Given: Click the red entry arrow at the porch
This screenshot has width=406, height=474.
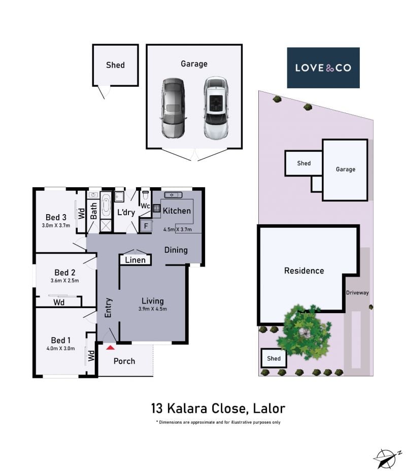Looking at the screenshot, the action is [x=110, y=348].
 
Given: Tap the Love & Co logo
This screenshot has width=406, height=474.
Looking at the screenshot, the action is [x=323, y=67].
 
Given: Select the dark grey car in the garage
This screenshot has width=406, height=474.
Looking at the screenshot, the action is [x=173, y=108].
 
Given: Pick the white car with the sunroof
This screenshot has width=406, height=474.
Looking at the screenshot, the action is [x=216, y=107].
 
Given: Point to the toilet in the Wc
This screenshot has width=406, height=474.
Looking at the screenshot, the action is [x=146, y=195].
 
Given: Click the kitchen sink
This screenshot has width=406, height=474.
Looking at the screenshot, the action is [x=173, y=195].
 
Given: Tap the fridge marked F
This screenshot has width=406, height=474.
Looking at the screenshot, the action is [x=146, y=226].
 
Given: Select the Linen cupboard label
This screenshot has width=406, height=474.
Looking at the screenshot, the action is [x=135, y=260].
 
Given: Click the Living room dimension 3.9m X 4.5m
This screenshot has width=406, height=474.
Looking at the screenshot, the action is [x=153, y=309].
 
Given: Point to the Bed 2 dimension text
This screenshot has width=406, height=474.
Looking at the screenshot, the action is [x=64, y=281].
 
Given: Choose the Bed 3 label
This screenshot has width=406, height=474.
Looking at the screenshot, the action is [x=56, y=217].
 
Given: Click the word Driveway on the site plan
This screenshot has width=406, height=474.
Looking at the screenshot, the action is [x=357, y=293].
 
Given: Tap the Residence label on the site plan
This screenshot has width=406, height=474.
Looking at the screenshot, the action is [x=304, y=270].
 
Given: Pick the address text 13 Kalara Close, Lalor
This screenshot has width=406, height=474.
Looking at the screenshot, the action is [x=218, y=409].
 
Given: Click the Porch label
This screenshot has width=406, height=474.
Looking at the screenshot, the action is [x=124, y=361].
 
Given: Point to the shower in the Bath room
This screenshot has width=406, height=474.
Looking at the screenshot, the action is [x=106, y=226].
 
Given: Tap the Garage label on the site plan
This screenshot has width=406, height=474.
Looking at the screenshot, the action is [x=346, y=170].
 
